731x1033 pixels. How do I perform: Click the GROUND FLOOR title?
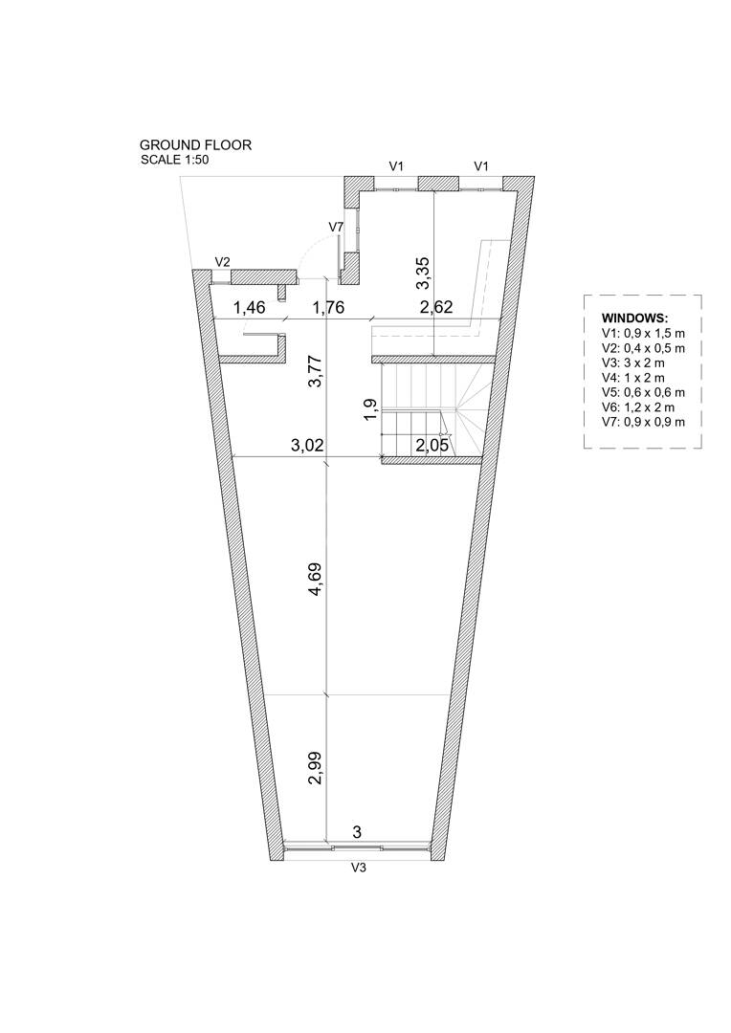point(195,145)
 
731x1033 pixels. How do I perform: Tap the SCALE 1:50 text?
point(175,160)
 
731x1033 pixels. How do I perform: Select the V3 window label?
point(358,868)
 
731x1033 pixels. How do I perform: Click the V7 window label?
point(336,227)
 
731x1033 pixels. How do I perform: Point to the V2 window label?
point(223,261)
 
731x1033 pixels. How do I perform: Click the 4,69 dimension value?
point(316,579)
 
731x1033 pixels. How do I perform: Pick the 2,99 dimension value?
point(316,768)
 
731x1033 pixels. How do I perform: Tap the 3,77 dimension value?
point(316,371)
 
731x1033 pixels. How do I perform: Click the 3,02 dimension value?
point(307,446)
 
